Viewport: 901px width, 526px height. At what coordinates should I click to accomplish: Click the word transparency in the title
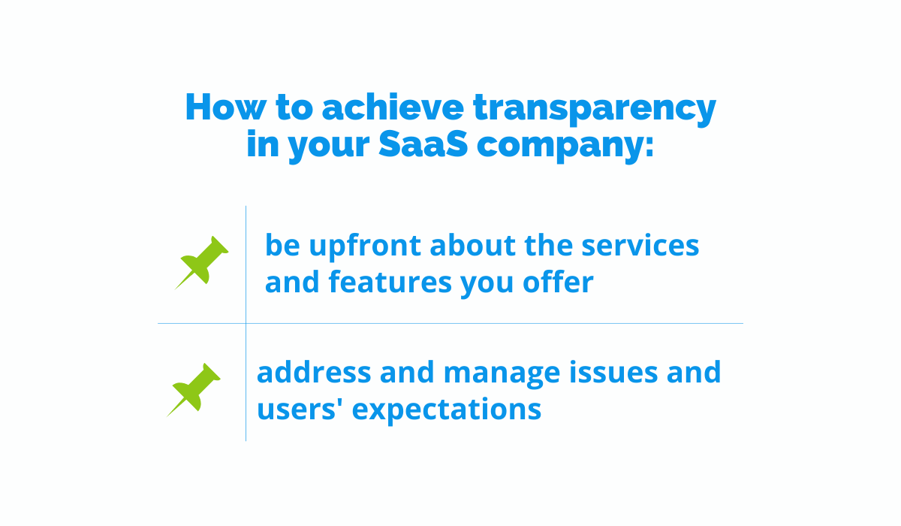click(x=594, y=109)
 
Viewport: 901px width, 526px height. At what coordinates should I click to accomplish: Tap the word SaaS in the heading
click(x=423, y=144)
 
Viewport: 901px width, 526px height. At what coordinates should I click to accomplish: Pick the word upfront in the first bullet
click(x=365, y=246)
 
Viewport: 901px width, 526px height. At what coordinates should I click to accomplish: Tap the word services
click(x=640, y=245)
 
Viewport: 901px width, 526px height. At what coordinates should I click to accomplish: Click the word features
click(x=390, y=281)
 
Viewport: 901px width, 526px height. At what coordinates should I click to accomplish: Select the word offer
click(x=558, y=281)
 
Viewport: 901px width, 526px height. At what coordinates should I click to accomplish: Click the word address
click(x=314, y=371)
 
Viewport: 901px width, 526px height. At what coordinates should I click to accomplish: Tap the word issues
click(x=613, y=371)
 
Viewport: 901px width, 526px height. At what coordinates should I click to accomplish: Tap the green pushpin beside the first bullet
click(x=202, y=262)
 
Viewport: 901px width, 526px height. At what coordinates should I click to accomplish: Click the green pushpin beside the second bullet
click(x=194, y=389)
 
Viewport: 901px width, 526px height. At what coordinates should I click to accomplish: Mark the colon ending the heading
click(x=649, y=147)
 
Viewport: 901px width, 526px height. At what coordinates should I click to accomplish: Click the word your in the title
click(x=329, y=147)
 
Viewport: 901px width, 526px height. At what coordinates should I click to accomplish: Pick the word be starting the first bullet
click(x=282, y=244)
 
